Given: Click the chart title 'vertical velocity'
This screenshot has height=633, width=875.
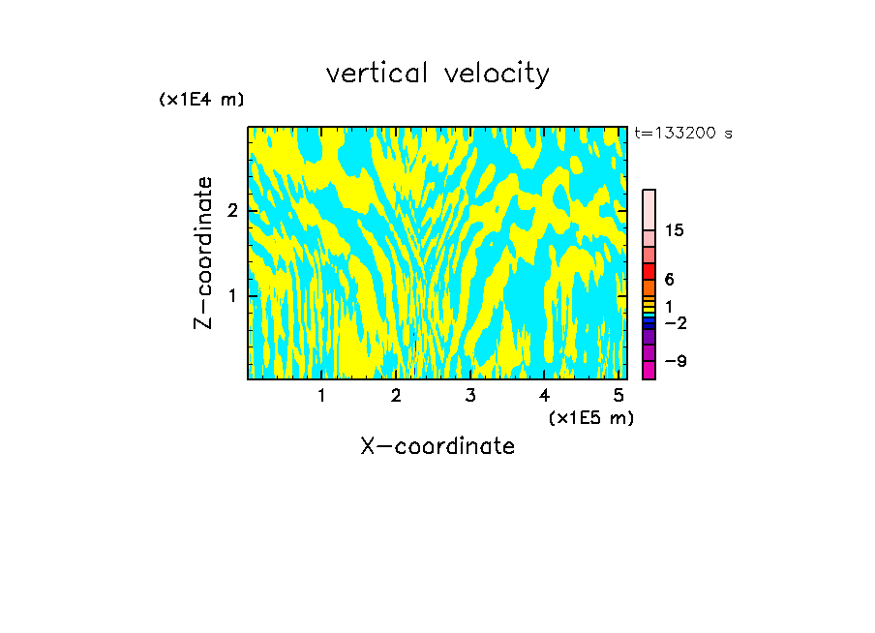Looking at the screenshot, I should click(437, 74).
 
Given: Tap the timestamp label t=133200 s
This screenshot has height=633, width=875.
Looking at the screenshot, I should click(683, 134).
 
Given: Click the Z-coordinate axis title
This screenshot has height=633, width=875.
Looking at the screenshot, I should click(203, 253).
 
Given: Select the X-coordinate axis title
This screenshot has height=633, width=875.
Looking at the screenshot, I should click(437, 446).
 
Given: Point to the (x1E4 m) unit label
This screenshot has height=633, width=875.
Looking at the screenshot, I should click(201, 100).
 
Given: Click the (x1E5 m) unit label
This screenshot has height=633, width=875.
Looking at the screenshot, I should click(590, 417).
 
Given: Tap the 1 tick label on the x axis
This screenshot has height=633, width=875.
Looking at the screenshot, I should click(321, 395).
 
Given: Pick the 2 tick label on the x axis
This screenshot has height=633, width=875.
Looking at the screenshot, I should click(396, 395).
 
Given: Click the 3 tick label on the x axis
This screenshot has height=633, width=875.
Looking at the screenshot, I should click(470, 395).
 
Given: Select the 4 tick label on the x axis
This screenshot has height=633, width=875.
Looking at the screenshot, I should click(545, 395).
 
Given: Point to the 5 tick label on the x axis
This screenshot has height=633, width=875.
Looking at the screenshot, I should click(619, 395).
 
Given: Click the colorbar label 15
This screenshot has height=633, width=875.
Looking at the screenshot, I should click(675, 230).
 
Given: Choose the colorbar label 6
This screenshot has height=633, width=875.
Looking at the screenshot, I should click(669, 280).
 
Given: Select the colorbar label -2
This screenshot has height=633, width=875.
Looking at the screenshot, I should click(676, 322).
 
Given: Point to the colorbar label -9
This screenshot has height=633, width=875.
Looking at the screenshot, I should click(676, 361).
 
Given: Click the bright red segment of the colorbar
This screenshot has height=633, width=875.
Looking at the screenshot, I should click(649, 271).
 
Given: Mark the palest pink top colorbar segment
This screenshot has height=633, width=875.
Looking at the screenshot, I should click(649, 209).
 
